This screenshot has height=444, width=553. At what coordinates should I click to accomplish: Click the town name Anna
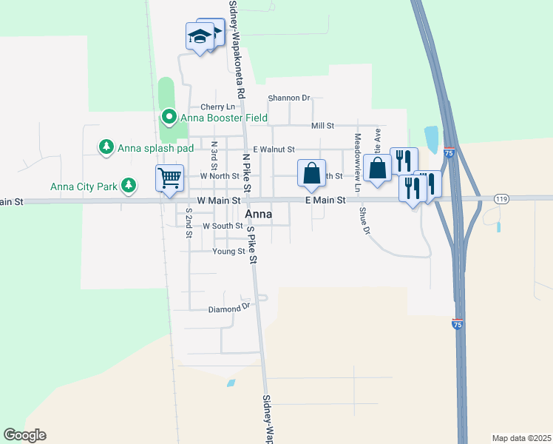click(258, 215)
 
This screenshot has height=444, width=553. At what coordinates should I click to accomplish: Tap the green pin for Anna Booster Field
click(169, 117)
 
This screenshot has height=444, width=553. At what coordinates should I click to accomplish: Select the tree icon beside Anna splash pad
click(106, 147)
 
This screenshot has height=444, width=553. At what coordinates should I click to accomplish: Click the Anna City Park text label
click(84, 186)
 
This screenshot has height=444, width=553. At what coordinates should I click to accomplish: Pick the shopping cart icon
click(169, 178)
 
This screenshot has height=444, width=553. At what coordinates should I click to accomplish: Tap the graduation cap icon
click(200, 36)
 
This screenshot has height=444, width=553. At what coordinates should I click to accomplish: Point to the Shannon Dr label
click(289, 98)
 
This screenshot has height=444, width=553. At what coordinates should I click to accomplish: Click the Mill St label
click(323, 127)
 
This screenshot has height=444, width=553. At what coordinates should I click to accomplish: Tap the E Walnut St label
click(274, 149)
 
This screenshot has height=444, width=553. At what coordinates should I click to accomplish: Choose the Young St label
click(228, 252)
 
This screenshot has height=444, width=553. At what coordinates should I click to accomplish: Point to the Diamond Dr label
click(229, 309)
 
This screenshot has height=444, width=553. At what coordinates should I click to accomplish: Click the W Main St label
click(219, 201)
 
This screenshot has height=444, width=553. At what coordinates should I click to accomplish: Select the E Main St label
click(325, 201)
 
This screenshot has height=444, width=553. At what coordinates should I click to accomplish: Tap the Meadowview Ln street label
click(356, 164)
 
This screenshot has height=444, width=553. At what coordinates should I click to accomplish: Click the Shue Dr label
click(364, 221)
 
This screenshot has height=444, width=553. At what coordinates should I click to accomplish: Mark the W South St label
click(223, 226)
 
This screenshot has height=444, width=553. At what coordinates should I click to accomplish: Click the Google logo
click(24, 435)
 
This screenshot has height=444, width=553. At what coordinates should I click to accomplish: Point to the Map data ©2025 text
click(520, 438)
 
